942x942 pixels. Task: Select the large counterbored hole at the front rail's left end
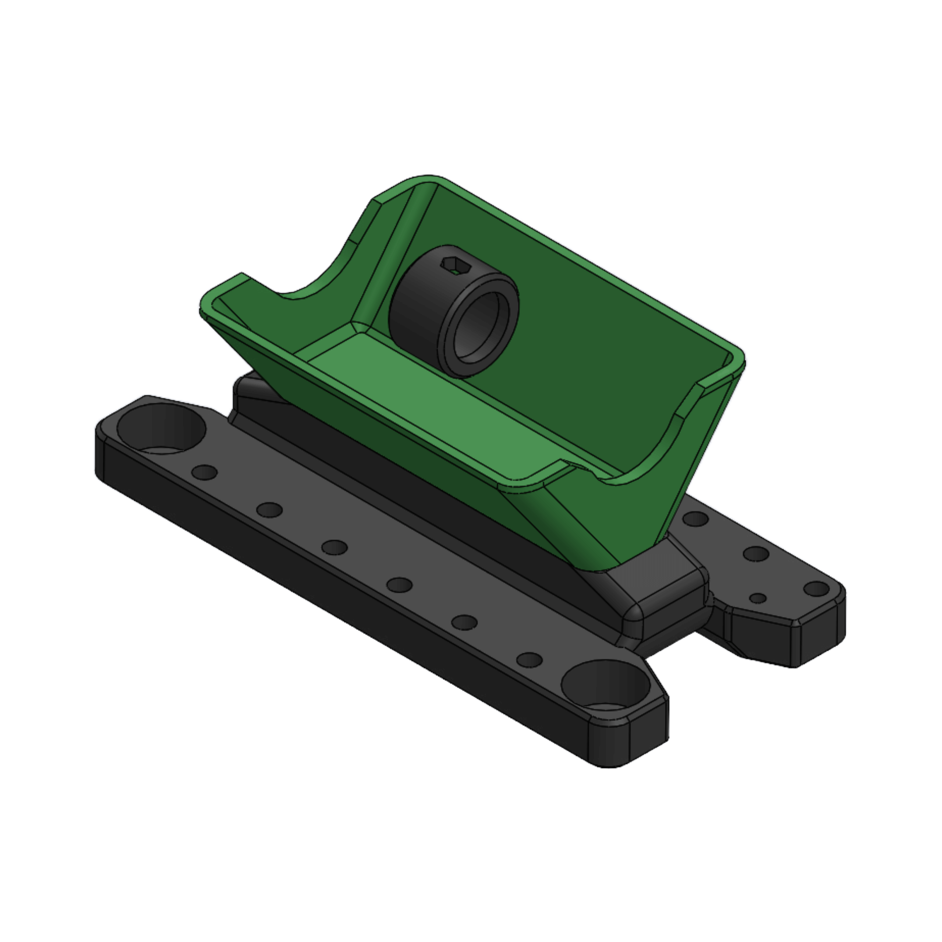click(x=161, y=429)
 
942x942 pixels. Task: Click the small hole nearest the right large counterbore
click(x=529, y=660)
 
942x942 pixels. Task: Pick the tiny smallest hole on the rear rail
click(x=757, y=598)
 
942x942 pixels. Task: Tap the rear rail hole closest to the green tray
click(x=695, y=519)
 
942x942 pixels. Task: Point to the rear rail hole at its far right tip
click(x=816, y=588)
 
